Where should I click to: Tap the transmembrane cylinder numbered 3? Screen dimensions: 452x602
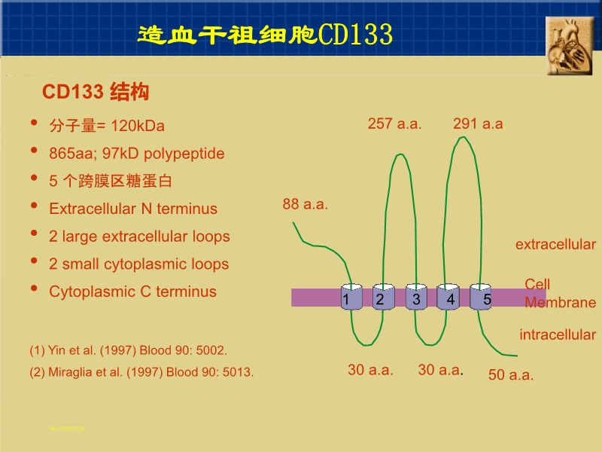[x=416, y=298]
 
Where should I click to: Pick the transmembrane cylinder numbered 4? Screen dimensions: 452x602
[x=448, y=298]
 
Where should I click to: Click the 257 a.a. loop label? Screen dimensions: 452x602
[x=394, y=124]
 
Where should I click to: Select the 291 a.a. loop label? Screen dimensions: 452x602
[x=479, y=124]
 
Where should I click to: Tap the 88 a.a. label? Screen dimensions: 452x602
[x=306, y=204]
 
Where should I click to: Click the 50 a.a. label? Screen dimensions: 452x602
[x=511, y=375]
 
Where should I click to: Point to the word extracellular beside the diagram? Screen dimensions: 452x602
[x=555, y=245]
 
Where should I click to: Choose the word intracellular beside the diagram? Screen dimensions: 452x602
[x=558, y=334]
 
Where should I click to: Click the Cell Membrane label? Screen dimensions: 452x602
[x=559, y=294]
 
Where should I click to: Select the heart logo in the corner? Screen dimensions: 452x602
[x=570, y=45]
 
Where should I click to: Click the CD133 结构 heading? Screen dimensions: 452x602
[x=96, y=93]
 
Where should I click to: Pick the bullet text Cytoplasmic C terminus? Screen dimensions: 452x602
[x=132, y=292]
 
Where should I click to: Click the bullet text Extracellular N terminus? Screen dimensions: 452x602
[x=133, y=209]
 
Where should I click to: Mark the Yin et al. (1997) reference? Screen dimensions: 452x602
[x=128, y=350]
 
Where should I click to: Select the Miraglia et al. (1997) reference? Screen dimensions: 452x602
[x=141, y=371]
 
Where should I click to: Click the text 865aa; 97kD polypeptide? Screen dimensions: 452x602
[x=137, y=154]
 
